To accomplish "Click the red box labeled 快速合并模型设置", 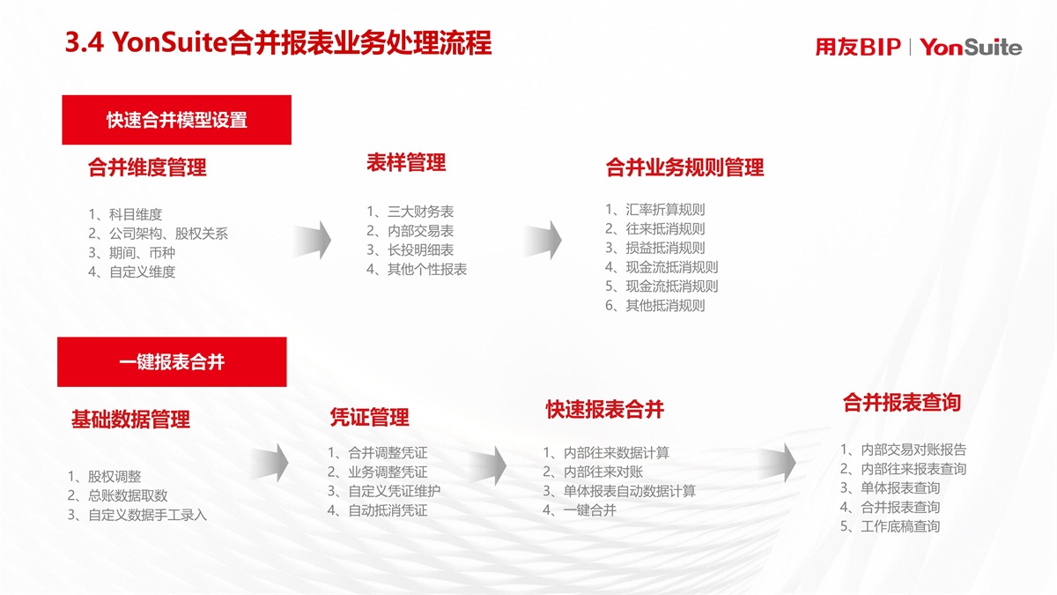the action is point(176,120).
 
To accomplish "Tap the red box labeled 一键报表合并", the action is point(172,361).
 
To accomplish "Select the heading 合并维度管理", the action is point(147,167).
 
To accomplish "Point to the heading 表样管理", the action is point(406,163).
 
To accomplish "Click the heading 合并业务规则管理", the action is point(684,167).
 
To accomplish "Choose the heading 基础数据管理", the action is point(130,420).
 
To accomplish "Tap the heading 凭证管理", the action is point(369,418).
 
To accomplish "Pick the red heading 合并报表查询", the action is point(902,403).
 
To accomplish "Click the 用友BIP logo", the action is point(858,48).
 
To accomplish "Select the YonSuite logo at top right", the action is point(971,48).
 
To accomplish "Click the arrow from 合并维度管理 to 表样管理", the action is point(313,240).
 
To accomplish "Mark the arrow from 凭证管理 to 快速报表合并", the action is point(488,465).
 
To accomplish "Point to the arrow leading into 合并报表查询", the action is point(777,462).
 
